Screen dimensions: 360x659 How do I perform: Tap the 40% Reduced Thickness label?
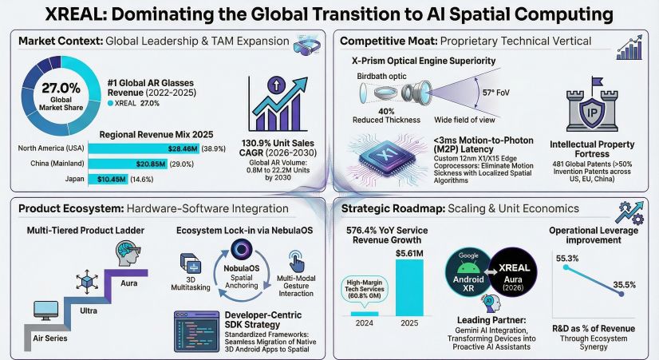click(388, 114)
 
